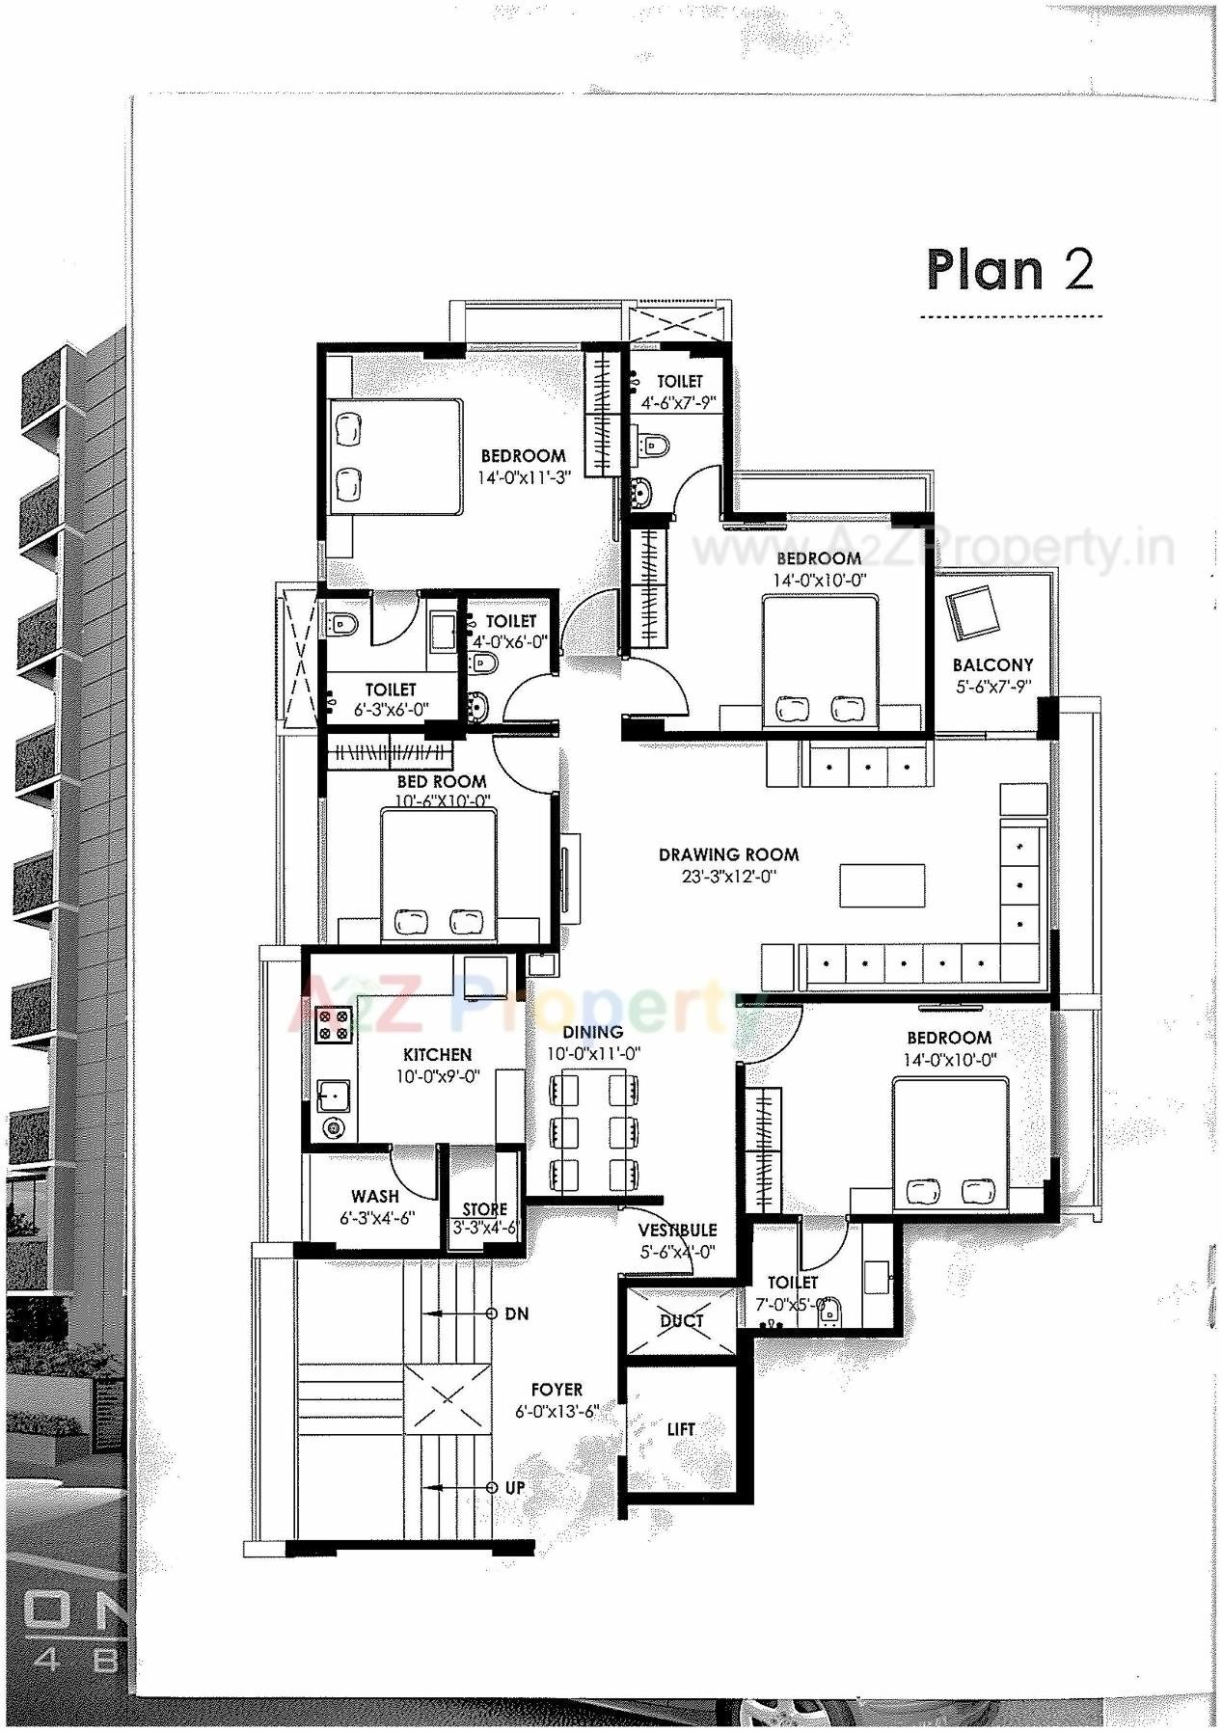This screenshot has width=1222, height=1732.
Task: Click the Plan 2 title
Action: (1010, 270)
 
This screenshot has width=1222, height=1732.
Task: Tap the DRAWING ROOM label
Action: (728, 854)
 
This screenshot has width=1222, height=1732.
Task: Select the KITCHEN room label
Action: (437, 1055)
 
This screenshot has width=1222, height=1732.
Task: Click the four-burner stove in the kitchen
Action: (334, 1024)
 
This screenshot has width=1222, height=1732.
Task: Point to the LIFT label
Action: (681, 1429)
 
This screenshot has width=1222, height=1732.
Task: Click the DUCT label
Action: (682, 1321)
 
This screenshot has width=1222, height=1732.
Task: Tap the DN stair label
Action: (517, 1313)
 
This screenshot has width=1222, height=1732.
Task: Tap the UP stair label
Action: (515, 1488)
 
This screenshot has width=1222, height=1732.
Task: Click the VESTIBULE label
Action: (677, 1231)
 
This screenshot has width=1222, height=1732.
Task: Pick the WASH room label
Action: (375, 1197)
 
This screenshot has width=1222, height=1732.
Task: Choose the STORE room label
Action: (484, 1209)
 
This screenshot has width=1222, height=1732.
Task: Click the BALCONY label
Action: (992, 664)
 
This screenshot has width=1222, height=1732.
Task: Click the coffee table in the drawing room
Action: (882, 885)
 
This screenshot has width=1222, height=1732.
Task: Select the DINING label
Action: (593, 1032)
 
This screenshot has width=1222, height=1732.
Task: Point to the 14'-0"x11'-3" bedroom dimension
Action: (525, 477)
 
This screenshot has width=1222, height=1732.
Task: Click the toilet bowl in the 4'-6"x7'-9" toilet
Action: (655, 445)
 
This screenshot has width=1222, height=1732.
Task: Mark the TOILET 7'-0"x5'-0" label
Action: (792, 1283)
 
